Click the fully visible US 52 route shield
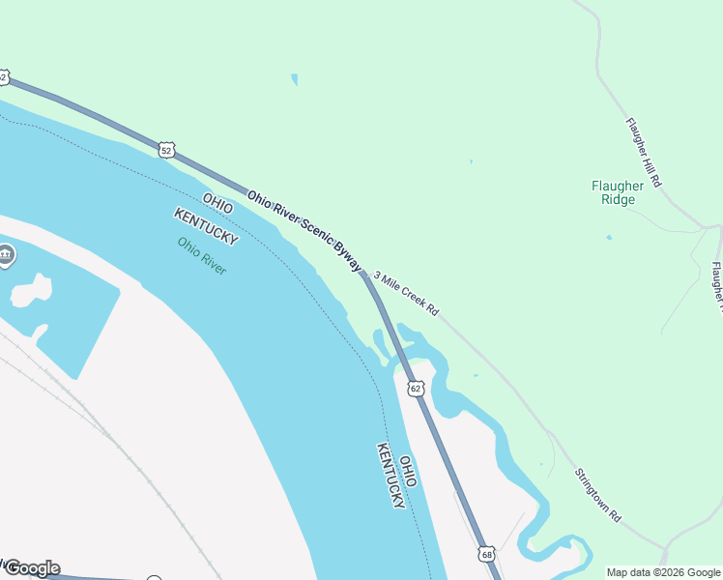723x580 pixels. pyautogui.click(x=167, y=150)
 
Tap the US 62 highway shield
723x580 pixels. pyautogui.click(x=416, y=389)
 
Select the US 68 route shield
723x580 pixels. pyautogui.click(x=486, y=554)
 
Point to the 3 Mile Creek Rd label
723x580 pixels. pyautogui.click(x=406, y=294)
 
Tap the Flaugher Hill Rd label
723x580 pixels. pyautogui.click(x=643, y=152)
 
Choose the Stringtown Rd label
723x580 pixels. pyautogui.click(x=597, y=496)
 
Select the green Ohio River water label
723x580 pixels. pyautogui.click(x=202, y=256)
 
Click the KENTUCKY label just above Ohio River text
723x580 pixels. pyautogui.click(x=206, y=225)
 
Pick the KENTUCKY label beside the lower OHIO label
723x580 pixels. pyautogui.click(x=390, y=476)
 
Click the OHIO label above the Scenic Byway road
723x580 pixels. pyautogui.click(x=217, y=205)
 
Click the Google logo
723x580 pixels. pyautogui.click(x=32, y=568)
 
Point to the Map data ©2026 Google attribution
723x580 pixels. pyautogui.click(x=663, y=572)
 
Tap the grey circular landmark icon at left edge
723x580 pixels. pyautogui.click(x=6, y=256)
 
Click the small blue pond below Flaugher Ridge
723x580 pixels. pyautogui.click(x=608, y=237)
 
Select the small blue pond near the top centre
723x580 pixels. pyautogui.click(x=294, y=79)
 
